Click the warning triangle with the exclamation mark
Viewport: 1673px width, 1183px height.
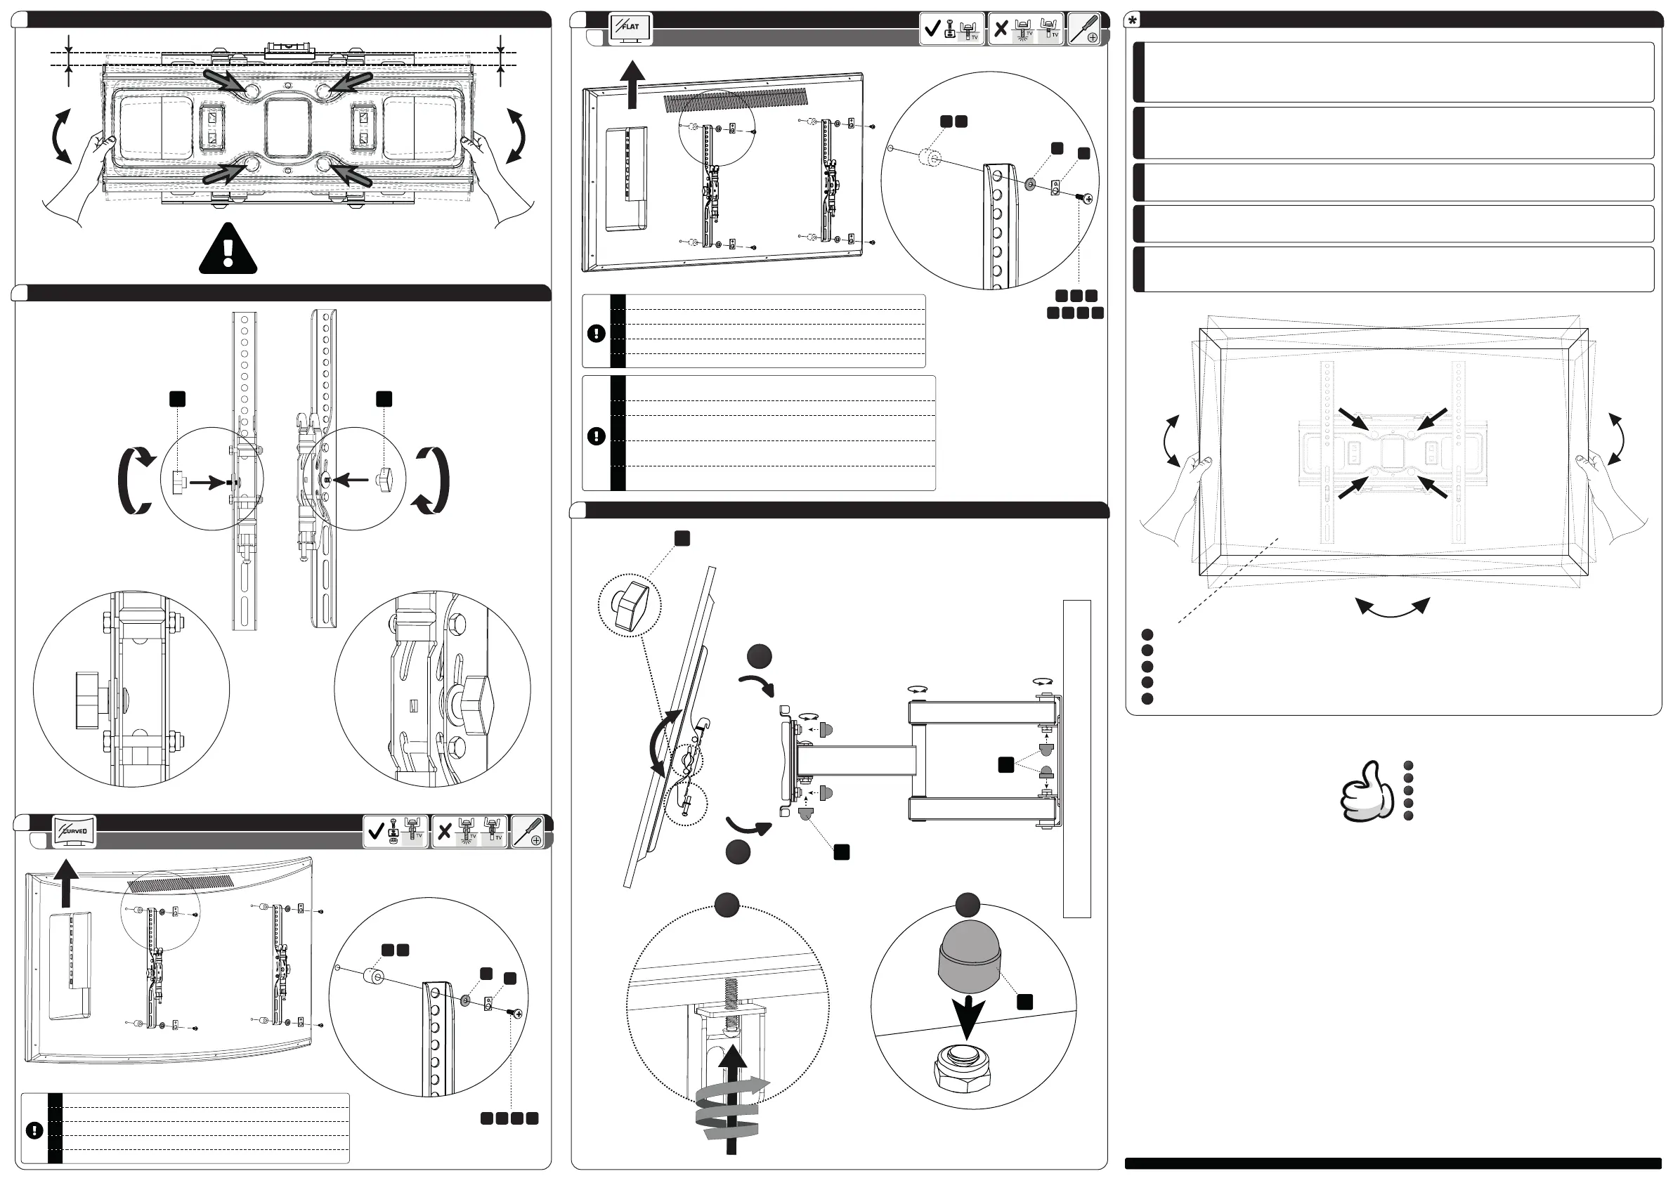coord(228,250)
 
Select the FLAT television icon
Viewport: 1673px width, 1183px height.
coord(630,28)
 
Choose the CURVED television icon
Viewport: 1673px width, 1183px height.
coord(74,831)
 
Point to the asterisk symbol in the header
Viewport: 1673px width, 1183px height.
coord(1133,20)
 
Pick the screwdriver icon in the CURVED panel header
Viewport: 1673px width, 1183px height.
coord(528,832)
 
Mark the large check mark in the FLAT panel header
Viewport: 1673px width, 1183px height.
coord(932,29)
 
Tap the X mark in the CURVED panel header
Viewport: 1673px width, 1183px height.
coord(445,831)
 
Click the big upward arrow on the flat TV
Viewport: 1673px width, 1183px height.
coord(632,84)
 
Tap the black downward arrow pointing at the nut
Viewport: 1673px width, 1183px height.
coord(968,1018)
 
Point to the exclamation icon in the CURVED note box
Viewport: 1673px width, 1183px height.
coord(34,1130)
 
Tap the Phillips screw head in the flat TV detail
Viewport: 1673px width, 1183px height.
coord(1088,198)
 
